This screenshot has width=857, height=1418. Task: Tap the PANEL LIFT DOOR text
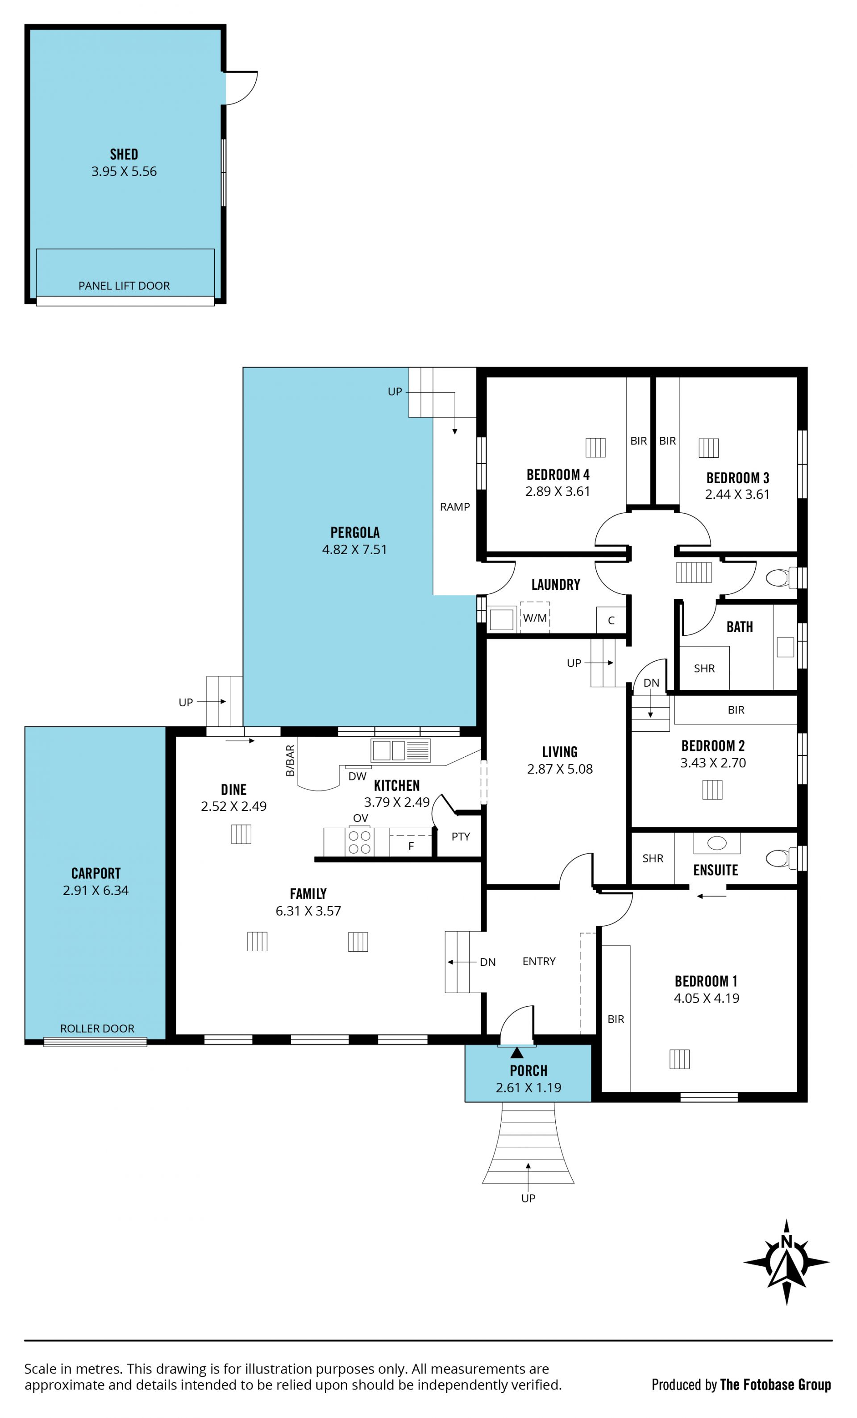[125, 286]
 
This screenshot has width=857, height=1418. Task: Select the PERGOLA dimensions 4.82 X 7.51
[354, 550]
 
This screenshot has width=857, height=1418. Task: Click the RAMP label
[455, 506]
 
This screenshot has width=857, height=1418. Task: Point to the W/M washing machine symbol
[535, 618]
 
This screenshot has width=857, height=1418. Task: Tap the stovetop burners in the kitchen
[360, 842]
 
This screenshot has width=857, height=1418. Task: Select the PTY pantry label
[461, 837]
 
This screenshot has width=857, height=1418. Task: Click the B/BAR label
[290, 760]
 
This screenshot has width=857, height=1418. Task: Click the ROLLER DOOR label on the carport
[97, 1028]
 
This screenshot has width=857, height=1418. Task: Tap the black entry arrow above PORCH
[517, 1053]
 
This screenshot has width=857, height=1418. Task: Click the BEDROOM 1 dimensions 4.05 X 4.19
[706, 999]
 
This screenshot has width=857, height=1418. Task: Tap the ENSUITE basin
[716, 843]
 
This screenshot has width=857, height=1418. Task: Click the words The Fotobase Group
[775, 1384]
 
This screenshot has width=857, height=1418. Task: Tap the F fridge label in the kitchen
[411, 846]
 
